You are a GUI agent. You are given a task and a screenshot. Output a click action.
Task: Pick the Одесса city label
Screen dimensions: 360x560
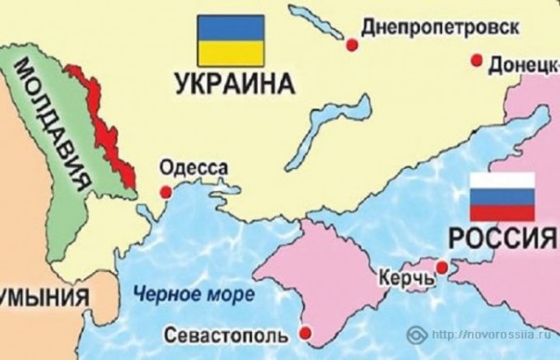tap(194, 169)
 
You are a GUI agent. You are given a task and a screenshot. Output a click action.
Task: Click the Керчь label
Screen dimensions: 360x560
tap(404, 277)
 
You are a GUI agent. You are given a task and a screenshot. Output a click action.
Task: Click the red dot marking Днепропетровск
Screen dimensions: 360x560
tap(350, 44)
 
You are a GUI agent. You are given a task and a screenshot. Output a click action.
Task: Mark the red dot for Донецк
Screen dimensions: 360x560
tap(477, 61)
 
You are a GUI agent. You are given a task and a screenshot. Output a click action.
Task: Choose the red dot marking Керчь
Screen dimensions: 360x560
tap(441, 268)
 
